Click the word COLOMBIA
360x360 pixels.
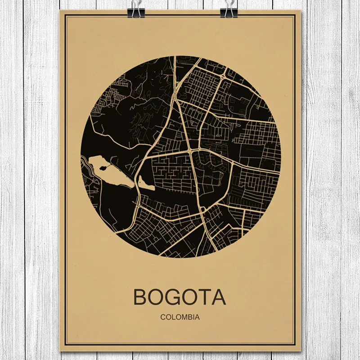point(180,316)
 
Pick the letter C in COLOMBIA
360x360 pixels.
point(162,316)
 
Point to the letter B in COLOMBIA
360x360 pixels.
point(189,316)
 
